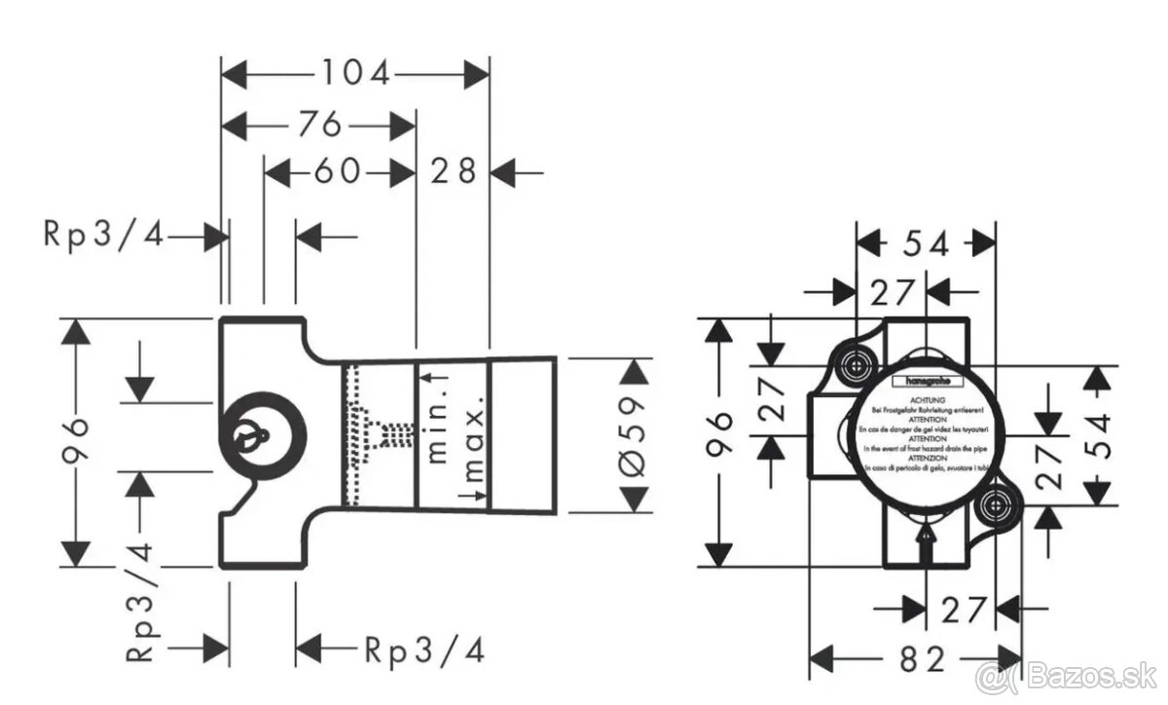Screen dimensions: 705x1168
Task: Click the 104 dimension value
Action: click(x=355, y=73)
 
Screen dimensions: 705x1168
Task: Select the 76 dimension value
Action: click(x=319, y=124)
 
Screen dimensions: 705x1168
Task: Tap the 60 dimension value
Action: click(x=336, y=172)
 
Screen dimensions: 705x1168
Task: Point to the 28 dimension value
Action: click(x=454, y=172)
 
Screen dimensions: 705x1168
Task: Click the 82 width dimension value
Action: click(x=922, y=659)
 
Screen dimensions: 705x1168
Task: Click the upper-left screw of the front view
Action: click(x=857, y=365)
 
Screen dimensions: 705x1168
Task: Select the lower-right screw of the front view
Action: click(x=994, y=504)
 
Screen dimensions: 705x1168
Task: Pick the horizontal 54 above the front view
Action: click(x=925, y=244)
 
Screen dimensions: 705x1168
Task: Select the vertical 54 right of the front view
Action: click(x=1097, y=436)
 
